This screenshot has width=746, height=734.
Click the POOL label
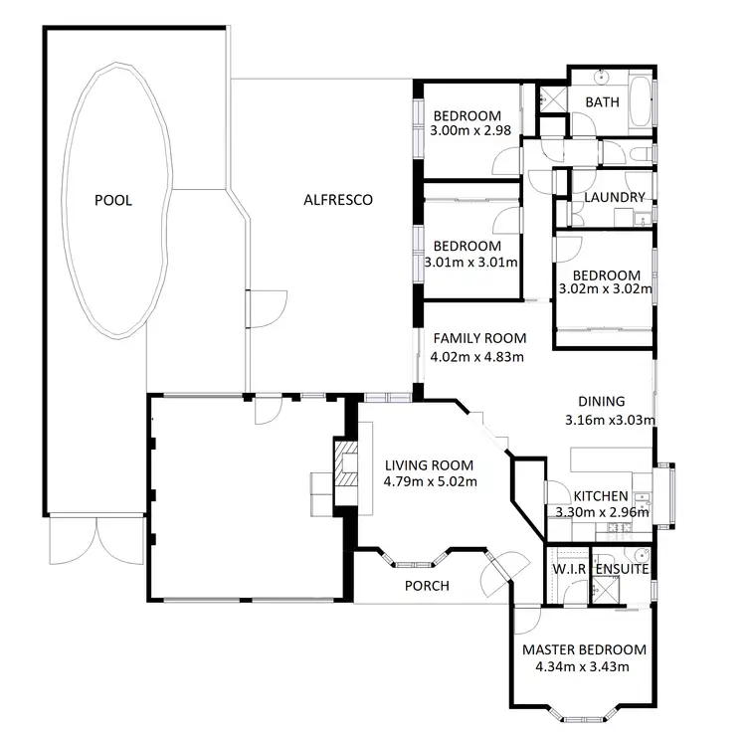tap(112, 200)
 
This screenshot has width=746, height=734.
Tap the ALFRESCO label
tap(337, 200)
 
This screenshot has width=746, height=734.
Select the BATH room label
tap(602, 102)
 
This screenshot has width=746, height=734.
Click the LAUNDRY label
tap(615, 197)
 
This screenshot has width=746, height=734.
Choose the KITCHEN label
tap(601, 495)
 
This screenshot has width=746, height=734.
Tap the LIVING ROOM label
tap(429, 464)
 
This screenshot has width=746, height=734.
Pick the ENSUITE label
tap(622, 569)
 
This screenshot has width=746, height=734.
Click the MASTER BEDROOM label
tap(584, 649)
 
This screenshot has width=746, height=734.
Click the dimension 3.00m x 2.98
tap(472, 130)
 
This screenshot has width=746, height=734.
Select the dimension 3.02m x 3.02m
tap(604, 290)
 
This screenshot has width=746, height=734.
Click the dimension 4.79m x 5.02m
tap(431, 482)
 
